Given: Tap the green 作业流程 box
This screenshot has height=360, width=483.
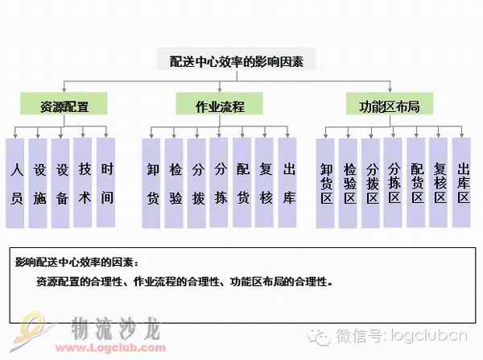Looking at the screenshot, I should (x=220, y=106).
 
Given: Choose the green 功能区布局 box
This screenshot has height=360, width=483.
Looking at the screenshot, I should (x=390, y=106).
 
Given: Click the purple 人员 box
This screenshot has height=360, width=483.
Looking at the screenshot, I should (x=15, y=184).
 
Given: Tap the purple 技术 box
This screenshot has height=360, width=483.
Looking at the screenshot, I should (x=84, y=184).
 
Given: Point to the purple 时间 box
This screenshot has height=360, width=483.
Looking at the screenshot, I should (x=106, y=184).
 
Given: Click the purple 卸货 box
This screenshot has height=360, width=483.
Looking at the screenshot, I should (x=152, y=184).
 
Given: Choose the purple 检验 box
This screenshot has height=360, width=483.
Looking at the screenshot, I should (x=175, y=184).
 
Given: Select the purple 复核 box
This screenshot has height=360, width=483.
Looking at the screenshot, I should (x=265, y=184).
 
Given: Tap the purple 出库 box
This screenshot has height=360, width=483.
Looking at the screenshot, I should (x=287, y=184).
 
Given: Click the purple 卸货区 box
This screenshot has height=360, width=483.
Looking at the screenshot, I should (x=326, y=184).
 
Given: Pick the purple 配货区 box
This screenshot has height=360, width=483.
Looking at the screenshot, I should (x=416, y=184).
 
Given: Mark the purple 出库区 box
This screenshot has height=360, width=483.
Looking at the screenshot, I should (x=461, y=184).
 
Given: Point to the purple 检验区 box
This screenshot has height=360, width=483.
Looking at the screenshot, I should (x=349, y=184).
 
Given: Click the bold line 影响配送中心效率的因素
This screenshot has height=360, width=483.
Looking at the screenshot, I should (x=77, y=263).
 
